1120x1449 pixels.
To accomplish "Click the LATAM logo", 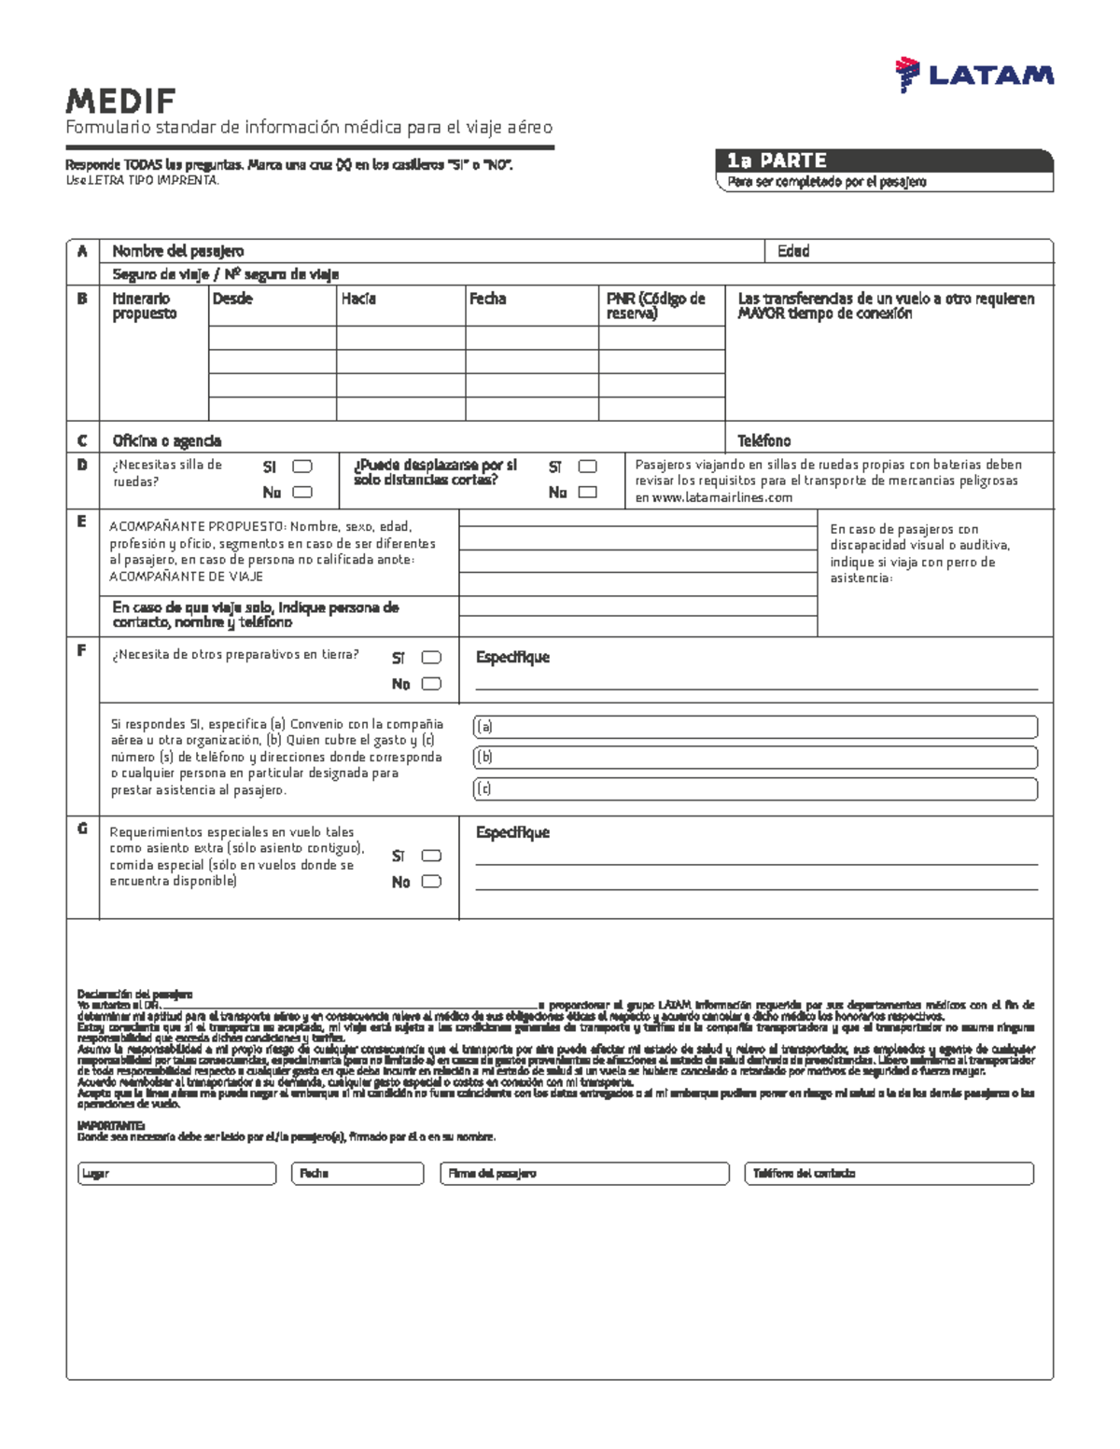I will tap(973, 76).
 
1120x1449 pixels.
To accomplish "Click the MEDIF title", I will tap(120, 101).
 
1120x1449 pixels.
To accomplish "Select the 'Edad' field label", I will tap(793, 251).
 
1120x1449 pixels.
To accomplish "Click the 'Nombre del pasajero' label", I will tap(177, 251).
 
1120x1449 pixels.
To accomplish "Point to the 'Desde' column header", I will tap(232, 299).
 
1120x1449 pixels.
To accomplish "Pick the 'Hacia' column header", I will tap(358, 299).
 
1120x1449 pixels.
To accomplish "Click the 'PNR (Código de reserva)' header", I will tap(655, 306).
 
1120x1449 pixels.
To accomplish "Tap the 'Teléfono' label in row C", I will tap(763, 440).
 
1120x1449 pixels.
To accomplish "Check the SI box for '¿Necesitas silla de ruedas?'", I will tap(301, 467).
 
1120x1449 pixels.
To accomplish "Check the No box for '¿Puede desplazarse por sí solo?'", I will tap(587, 493).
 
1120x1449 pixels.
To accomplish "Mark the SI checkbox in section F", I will tap(430, 658).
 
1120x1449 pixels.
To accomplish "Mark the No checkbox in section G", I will tap(430, 882).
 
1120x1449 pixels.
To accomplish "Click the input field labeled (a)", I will tap(756, 727).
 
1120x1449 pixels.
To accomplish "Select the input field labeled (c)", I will tap(756, 789).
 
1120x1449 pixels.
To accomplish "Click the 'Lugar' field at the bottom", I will tap(177, 1174).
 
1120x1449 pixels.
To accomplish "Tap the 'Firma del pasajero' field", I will tap(583, 1174).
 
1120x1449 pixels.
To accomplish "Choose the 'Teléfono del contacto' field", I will tap(889, 1174).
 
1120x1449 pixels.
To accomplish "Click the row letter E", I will tap(82, 522).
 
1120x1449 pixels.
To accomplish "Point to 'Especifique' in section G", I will tap(512, 832).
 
